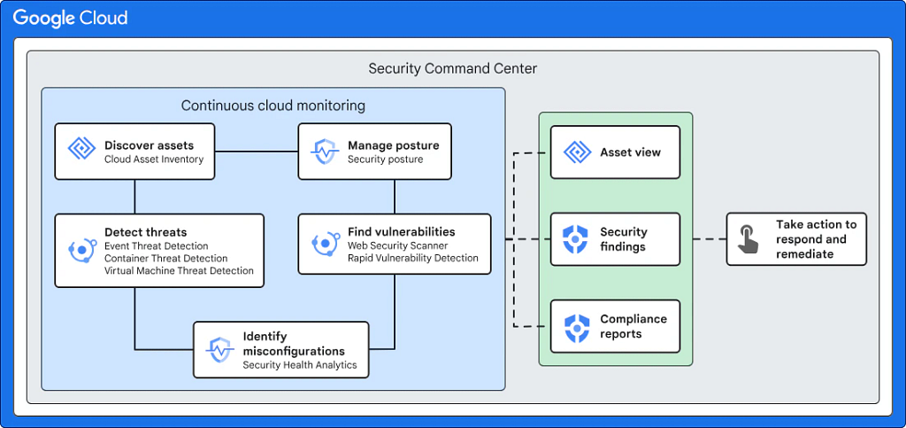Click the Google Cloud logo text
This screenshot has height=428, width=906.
70,18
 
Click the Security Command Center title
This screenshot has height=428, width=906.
452,69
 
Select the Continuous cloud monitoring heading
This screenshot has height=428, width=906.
273,105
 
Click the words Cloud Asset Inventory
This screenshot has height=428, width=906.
154,159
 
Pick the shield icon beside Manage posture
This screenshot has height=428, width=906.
325,151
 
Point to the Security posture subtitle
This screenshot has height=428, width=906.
385,159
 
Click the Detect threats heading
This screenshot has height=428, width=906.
146,232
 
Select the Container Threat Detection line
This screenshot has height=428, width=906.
165,258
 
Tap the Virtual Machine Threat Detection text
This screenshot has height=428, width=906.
179,270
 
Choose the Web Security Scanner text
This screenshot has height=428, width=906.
397,245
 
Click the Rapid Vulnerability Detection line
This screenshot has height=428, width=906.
412,258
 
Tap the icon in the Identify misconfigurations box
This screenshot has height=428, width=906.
220,350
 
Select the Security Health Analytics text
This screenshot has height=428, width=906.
299,365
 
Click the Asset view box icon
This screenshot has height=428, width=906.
577,152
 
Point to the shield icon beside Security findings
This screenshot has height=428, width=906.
576,239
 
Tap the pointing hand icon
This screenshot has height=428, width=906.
749,239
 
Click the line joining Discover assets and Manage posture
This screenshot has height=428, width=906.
257,152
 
